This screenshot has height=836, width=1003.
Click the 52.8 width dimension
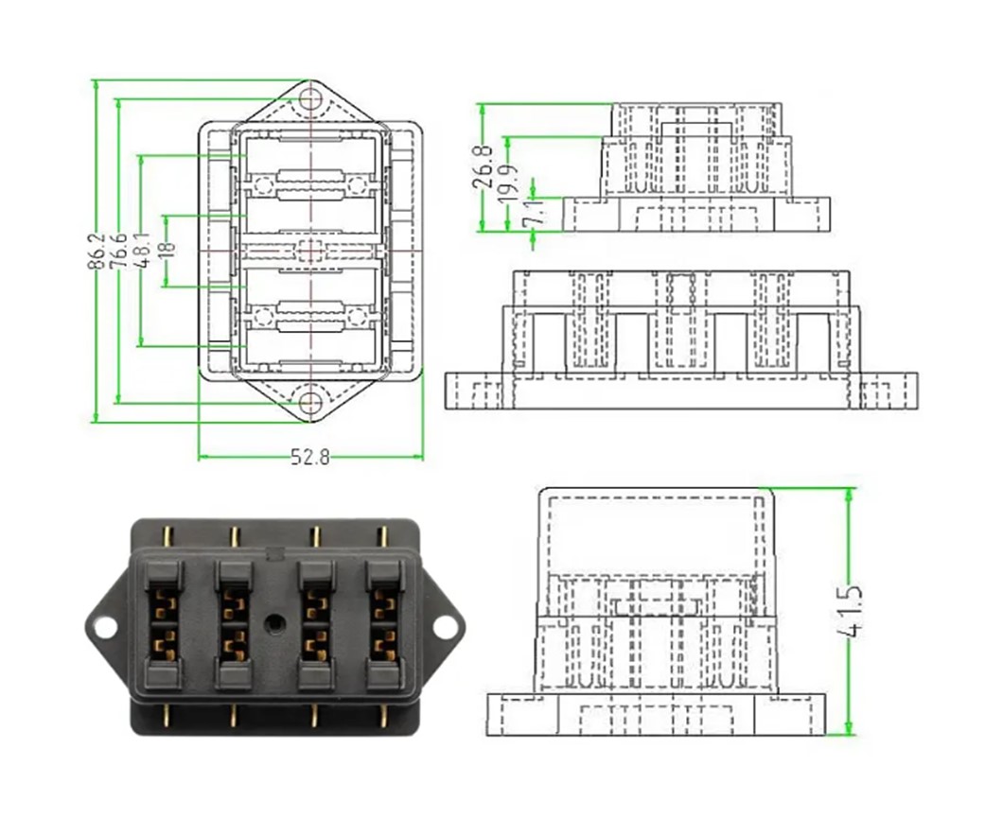click(x=309, y=458)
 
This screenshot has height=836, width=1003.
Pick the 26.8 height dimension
click(x=484, y=166)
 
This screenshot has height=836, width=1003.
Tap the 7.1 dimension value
click(x=535, y=209)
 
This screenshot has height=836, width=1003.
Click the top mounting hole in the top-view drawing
click(x=310, y=99)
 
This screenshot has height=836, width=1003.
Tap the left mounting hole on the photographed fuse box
click(x=105, y=626)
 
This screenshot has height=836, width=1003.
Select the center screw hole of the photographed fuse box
click(x=274, y=624)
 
